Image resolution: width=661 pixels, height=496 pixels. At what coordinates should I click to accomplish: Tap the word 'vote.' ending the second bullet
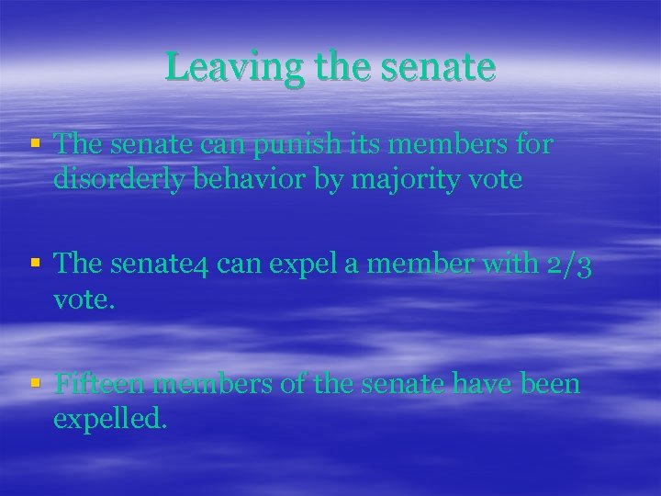click(x=85, y=299)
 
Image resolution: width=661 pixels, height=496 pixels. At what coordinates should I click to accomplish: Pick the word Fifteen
click(x=98, y=383)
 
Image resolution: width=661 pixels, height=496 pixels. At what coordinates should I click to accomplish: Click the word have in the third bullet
click(x=479, y=383)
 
